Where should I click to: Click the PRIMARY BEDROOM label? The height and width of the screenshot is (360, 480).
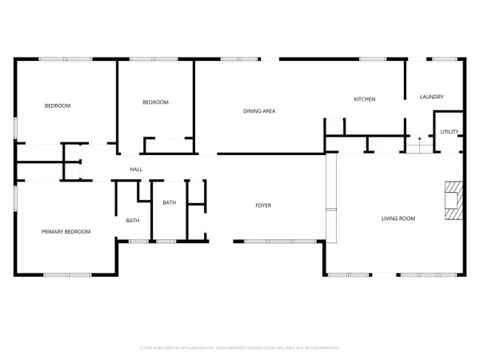point(66,231)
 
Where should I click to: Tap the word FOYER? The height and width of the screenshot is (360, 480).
point(263,206)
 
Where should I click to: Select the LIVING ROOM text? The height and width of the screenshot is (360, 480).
point(397,218)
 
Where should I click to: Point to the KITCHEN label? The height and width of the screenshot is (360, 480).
point(365,99)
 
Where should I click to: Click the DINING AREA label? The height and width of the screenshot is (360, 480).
point(259,111)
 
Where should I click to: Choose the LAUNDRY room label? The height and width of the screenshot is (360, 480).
point(431,98)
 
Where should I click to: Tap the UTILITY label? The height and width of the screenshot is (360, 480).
point(448,131)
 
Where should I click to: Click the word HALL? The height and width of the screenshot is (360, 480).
point(137,169)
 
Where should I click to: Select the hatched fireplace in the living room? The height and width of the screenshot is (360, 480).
point(454,200)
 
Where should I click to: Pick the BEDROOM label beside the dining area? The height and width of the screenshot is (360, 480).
point(155,102)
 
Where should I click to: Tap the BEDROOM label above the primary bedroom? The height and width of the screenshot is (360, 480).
point(58,106)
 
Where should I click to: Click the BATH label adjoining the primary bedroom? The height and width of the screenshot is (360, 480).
point(133,221)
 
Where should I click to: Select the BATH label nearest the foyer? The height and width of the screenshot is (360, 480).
point(170,202)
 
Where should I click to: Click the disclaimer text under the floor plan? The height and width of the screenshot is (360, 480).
point(240,348)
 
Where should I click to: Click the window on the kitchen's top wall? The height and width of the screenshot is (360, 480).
point(372,58)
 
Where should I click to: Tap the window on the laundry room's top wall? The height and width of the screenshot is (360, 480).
point(443,58)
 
